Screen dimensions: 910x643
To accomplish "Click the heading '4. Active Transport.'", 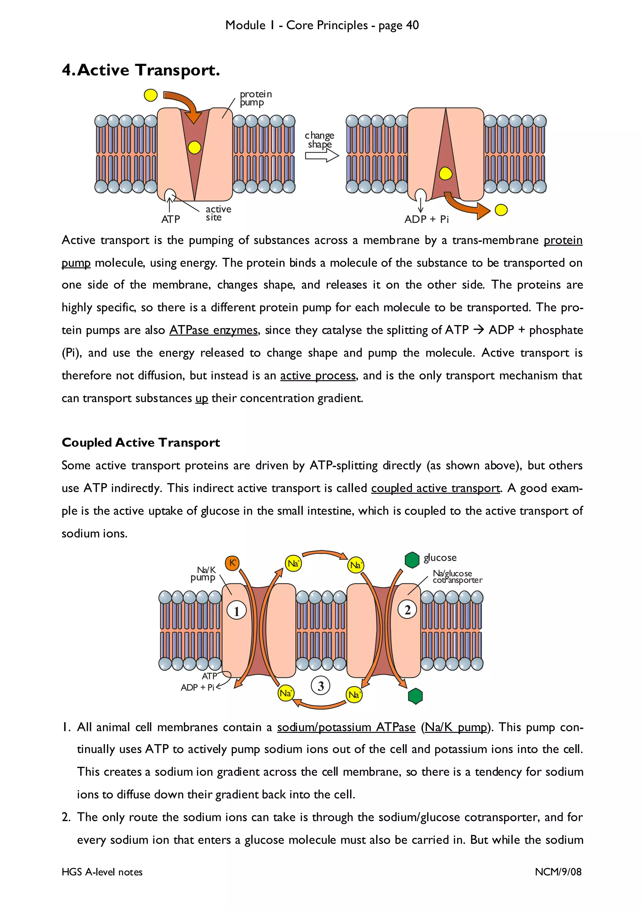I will coord(141,70).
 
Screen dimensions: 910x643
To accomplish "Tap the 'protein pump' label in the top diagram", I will coord(256,98).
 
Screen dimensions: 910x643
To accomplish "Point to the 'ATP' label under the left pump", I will coord(170,219).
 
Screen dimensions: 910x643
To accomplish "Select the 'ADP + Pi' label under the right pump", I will coord(426,219).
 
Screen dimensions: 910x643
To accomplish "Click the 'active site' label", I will coord(218,213).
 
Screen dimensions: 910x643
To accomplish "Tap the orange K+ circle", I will coord(232,563).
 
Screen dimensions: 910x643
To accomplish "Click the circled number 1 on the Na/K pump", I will coord(236,611).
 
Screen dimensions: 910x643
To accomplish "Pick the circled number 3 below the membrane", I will coord(321,686).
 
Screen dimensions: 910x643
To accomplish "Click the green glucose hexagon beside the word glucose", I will coord(412,560).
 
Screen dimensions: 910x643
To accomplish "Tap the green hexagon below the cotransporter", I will coord(415,696).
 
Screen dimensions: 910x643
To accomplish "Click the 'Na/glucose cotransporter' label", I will coord(457,577).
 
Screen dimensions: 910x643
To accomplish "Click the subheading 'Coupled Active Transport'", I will coord(141,442).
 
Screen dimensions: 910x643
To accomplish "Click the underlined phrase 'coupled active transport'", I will coord(435,488).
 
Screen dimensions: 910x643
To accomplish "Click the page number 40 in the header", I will coord(413,25).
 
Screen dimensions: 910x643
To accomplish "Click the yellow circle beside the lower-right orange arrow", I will coord(501,210).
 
